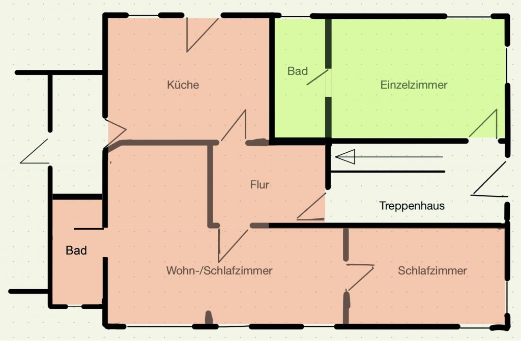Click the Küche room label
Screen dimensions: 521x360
click(x=183, y=85)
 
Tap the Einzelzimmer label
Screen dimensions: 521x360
click(x=414, y=85)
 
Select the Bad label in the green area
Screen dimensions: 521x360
click(x=297, y=71)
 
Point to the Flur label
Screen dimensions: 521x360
click(x=259, y=184)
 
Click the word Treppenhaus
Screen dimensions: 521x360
click(x=412, y=206)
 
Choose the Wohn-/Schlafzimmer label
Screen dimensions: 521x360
click(x=219, y=270)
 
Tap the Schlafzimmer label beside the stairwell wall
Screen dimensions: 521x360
click(x=432, y=270)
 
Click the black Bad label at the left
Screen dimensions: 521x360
click(x=76, y=251)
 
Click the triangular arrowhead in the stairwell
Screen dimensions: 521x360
click(x=345, y=156)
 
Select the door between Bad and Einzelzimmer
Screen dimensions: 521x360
click(x=317, y=77)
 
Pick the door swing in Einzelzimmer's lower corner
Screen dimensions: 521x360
click(x=483, y=123)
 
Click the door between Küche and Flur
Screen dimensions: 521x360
click(x=234, y=125)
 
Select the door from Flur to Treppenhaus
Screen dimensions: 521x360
click(x=311, y=207)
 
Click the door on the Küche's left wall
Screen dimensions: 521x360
click(x=115, y=132)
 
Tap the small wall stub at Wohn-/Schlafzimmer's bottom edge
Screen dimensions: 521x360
click(x=209, y=317)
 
